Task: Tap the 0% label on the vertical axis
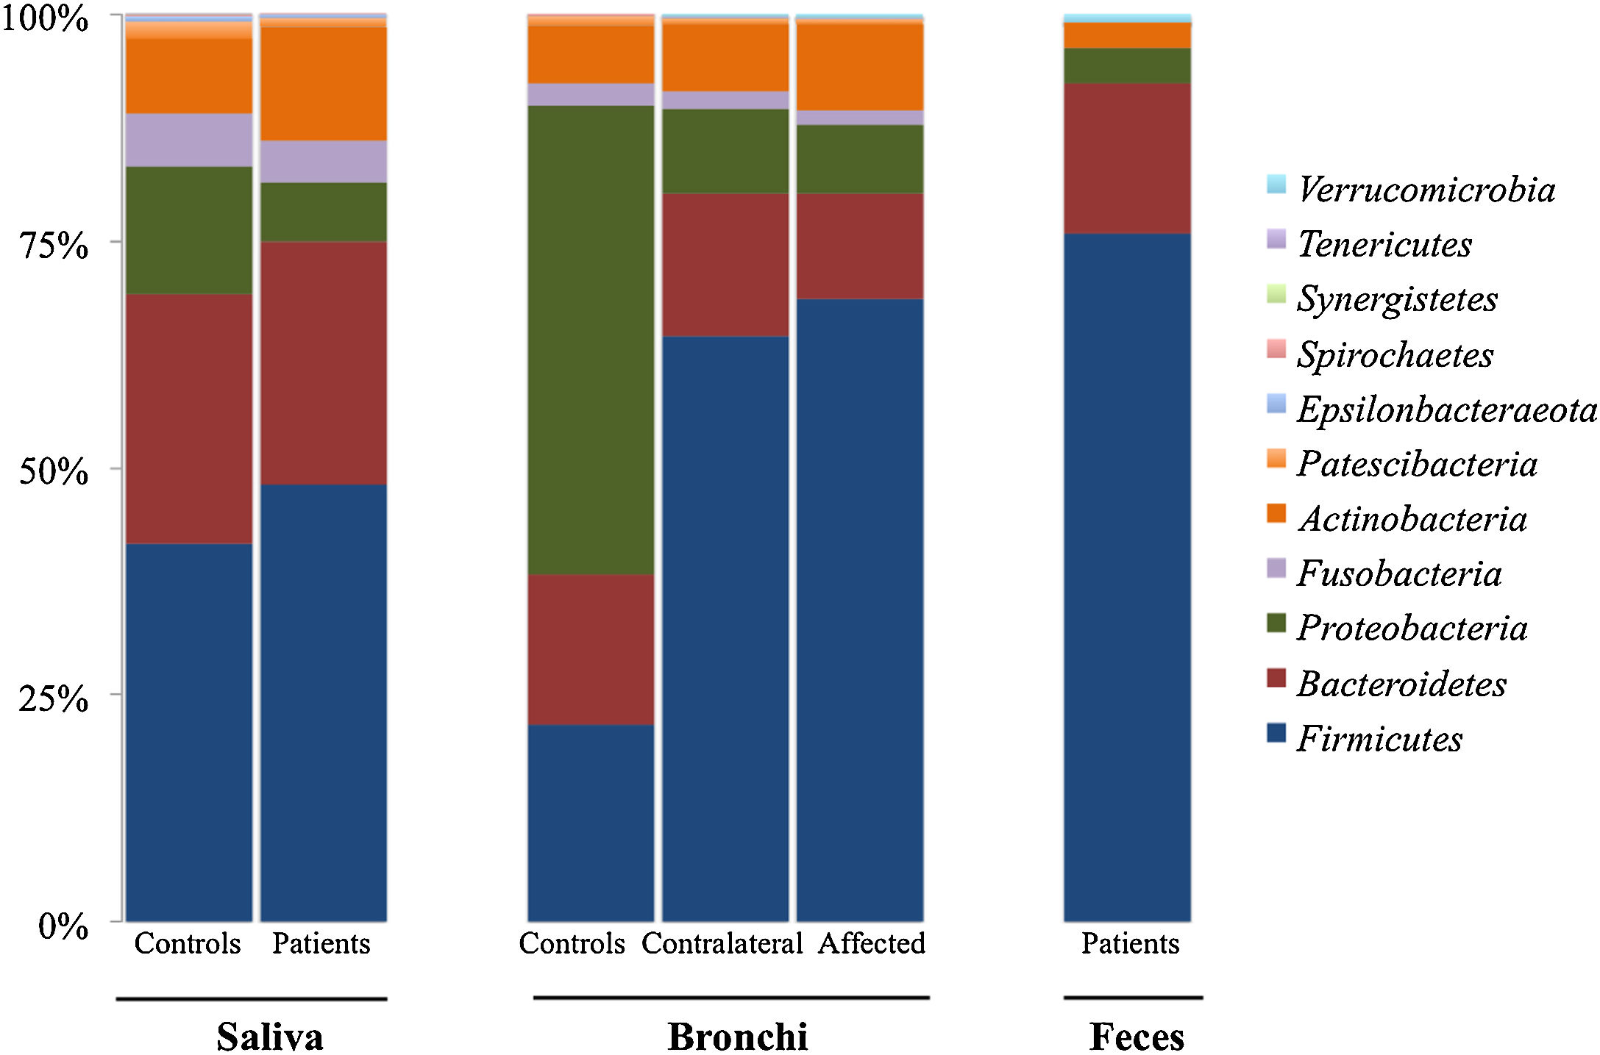click(x=63, y=926)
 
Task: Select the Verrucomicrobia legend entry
click(x=1426, y=190)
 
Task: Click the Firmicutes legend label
click(x=1379, y=738)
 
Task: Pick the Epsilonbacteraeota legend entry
click(x=1446, y=409)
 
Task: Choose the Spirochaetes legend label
click(x=1395, y=354)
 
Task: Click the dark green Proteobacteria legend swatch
click(x=1276, y=623)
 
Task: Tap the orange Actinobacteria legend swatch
click(x=1276, y=513)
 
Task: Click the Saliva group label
click(x=270, y=1037)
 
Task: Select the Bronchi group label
click(x=737, y=1037)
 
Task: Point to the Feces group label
click(x=1137, y=1037)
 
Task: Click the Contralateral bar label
click(x=722, y=943)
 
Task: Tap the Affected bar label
click(x=872, y=943)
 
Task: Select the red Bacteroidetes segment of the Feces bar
click(x=1127, y=158)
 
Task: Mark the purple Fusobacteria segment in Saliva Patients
click(x=324, y=161)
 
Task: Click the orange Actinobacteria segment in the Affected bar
click(x=860, y=67)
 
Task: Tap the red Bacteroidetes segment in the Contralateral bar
click(x=725, y=265)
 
